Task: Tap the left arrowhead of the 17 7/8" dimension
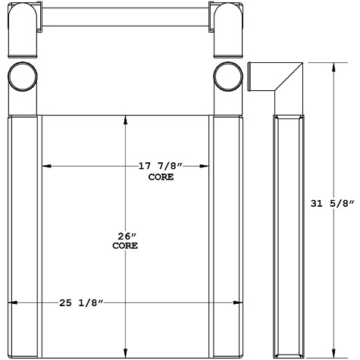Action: click(x=45, y=166)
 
